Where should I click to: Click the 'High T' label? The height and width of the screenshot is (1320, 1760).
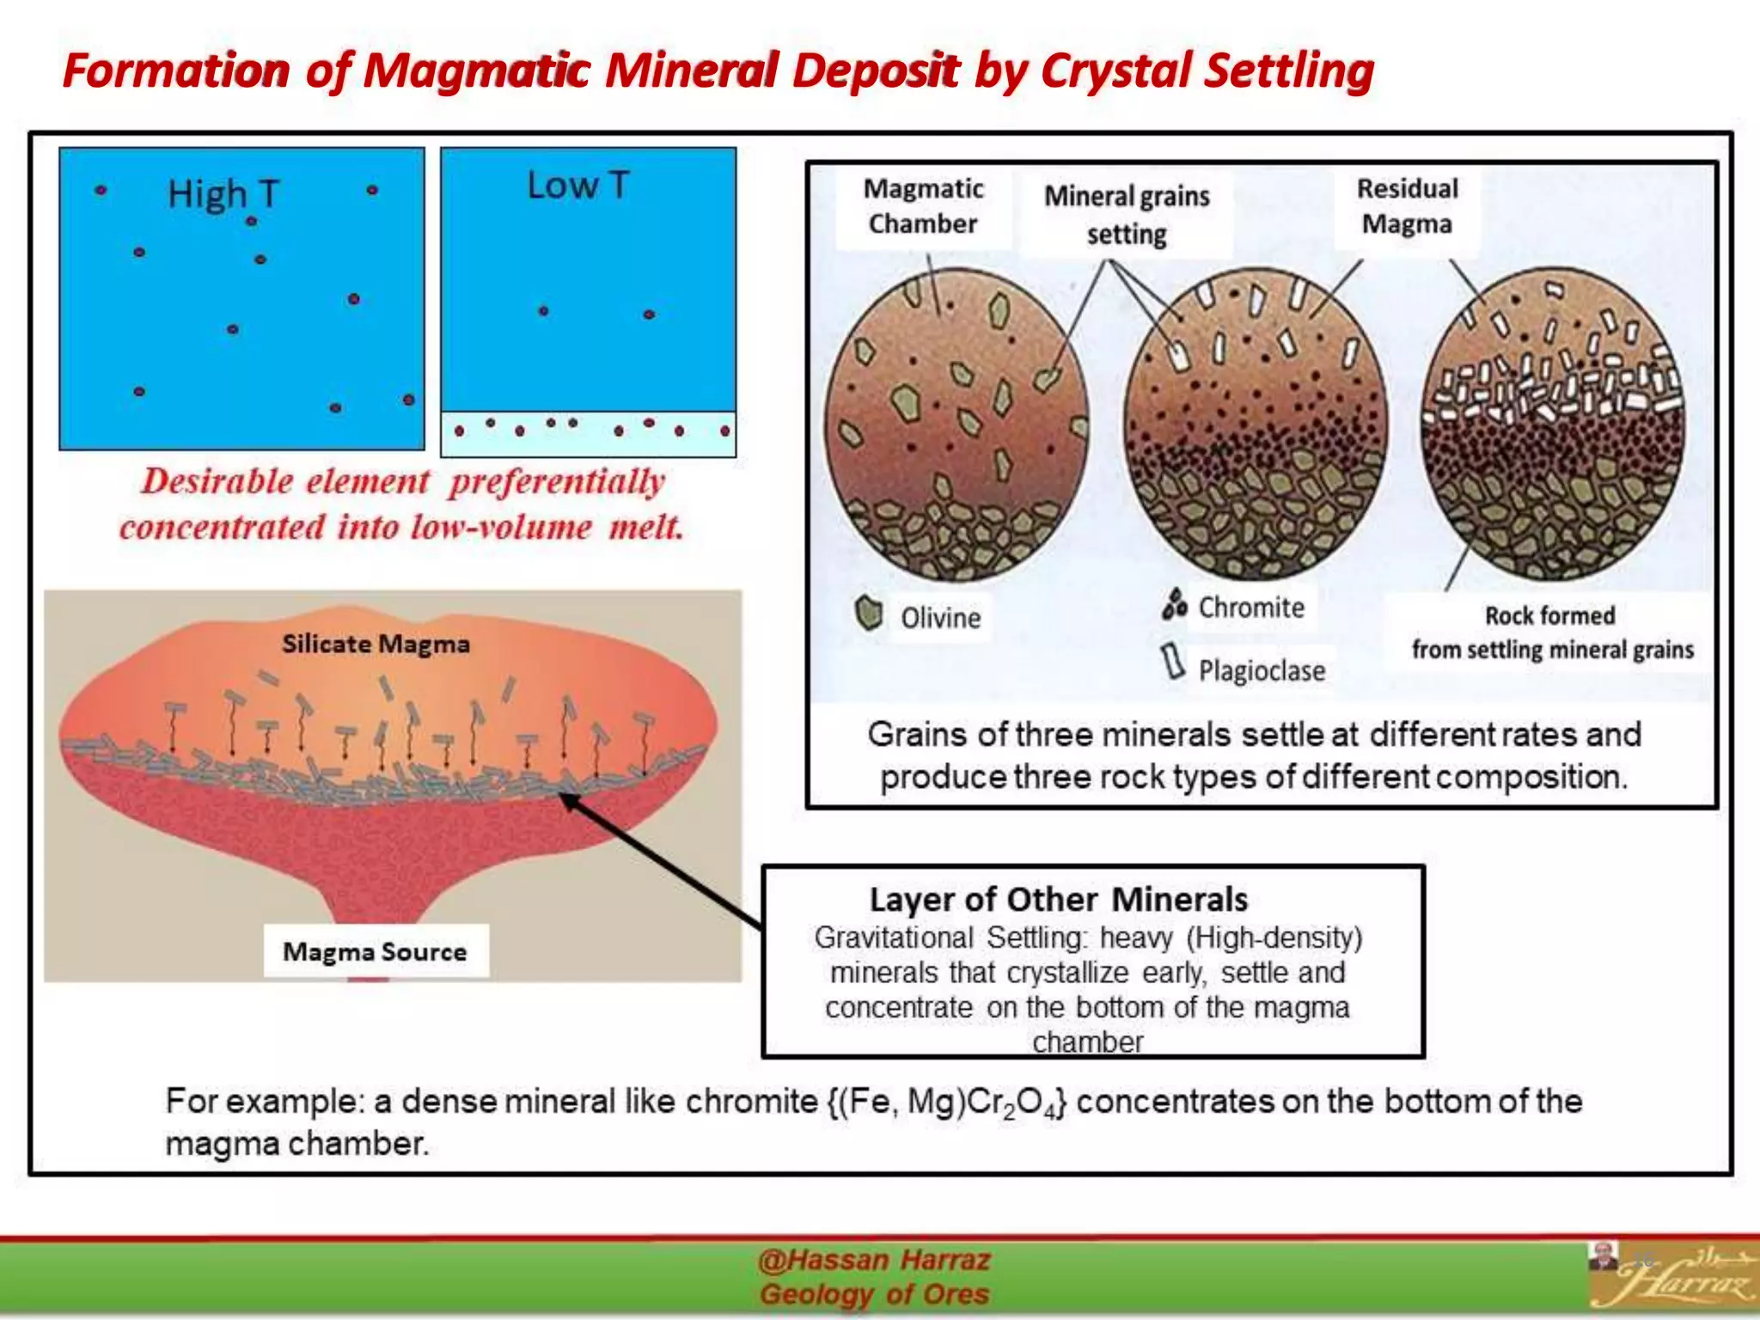click(223, 194)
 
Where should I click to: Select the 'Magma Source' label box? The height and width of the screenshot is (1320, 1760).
click(376, 951)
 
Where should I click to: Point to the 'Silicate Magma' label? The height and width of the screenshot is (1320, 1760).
click(376, 644)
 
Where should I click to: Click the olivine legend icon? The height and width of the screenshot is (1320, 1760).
click(869, 614)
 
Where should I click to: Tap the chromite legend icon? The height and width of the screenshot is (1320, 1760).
click(1174, 604)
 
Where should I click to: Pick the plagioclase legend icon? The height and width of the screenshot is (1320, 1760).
click(1172, 662)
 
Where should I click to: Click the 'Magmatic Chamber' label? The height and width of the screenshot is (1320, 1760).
click(923, 206)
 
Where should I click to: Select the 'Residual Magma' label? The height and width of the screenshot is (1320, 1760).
click(1407, 206)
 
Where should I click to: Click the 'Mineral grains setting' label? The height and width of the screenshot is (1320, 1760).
click(1127, 215)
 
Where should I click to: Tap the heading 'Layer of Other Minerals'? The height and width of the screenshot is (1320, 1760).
click(1058, 900)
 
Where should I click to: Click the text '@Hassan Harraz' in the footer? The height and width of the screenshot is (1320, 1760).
click(874, 1260)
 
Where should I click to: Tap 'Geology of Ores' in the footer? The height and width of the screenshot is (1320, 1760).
click(874, 1294)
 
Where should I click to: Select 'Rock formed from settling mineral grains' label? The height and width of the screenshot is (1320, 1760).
click(1551, 632)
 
